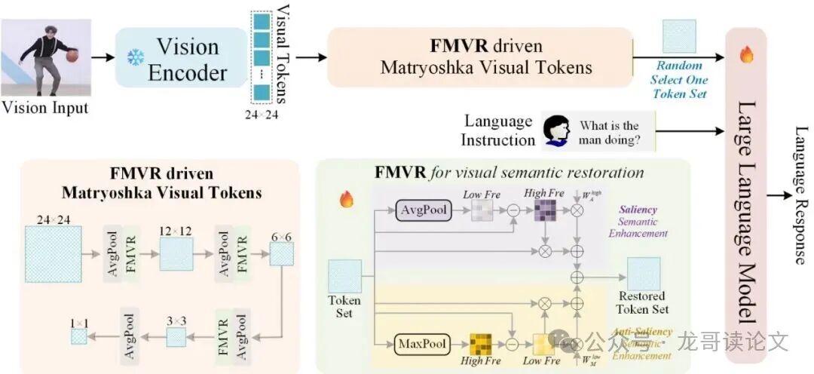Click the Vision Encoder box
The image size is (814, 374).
point(181,58)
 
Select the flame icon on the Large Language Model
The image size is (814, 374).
point(747,55)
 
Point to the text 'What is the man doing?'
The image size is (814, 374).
point(609,132)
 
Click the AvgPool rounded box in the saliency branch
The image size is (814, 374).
point(423,212)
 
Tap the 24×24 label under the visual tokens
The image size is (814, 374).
point(262,115)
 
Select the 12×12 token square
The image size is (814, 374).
point(176,252)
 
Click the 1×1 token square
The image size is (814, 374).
point(79,336)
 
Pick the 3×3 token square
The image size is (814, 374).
point(176,336)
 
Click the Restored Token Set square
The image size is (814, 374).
point(644,274)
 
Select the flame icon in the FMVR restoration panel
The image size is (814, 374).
point(347,199)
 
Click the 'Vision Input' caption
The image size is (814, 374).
point(45,108)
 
